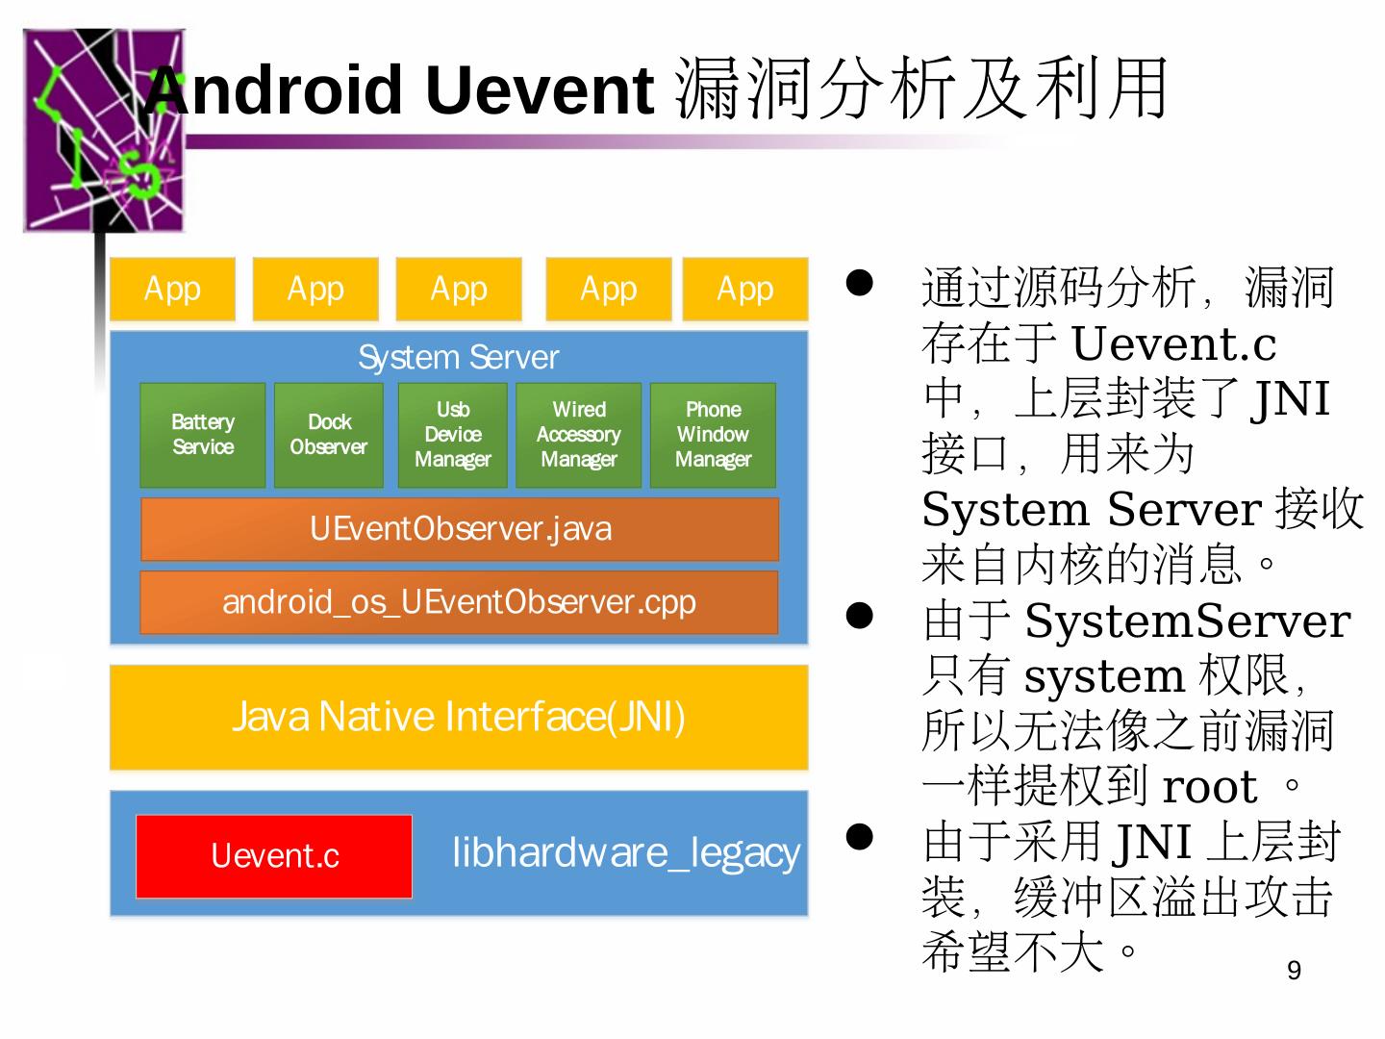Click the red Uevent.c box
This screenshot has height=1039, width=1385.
tap(274, 855)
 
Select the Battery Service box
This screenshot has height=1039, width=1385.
tap(202, 435)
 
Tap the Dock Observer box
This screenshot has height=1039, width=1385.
tap(328, 435)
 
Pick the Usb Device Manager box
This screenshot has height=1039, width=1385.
tap(452, 435)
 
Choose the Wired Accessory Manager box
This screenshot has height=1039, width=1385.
tap(578, 435)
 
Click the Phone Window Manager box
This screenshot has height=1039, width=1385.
tap(713, 435)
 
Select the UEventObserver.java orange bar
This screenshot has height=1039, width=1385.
tap(460, 528)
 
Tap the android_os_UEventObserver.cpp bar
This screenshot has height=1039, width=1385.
tap(459, 602)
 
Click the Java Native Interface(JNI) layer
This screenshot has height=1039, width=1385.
tap(459, 717)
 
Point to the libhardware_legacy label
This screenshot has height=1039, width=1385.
tap(625, 852)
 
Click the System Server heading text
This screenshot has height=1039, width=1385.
tap(458, 358)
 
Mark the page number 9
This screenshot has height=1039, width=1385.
tap(1294, 970)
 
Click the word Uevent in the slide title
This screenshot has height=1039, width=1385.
tap(540, 90)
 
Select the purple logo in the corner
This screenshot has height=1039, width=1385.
tap(103, 130)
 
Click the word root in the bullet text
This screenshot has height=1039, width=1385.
tap(1209, 788)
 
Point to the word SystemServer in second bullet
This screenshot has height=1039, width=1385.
tap(1187, 621)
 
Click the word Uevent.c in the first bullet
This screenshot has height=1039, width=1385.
tap(1173, 344)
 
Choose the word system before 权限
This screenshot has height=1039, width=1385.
tap(1103, 676)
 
